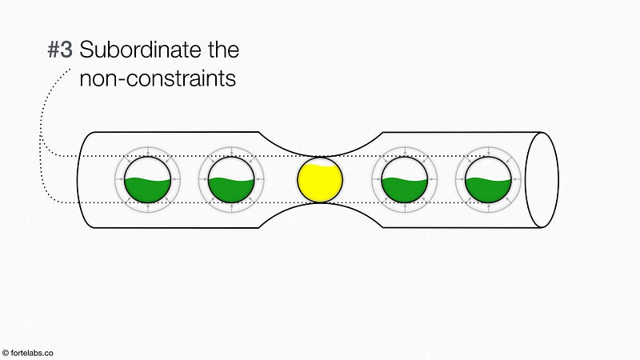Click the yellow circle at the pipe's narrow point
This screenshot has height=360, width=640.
(x=320, y=179)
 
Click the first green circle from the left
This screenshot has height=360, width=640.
(x=147, y=179)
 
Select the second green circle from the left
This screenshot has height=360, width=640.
(x=231, y=179)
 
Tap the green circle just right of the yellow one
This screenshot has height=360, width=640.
(x=405, y=179)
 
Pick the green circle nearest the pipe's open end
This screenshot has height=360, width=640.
(x=488, y=179)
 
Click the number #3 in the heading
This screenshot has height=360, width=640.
(x=60, y=50)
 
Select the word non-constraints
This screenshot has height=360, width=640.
(x=158, y=78)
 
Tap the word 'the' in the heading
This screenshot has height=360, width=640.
(x=223, y=50)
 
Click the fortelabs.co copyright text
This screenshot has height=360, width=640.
(x=28, y=353)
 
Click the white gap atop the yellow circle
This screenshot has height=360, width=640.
(x=321, y=162)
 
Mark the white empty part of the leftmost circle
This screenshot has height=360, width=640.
(x=147, y=168)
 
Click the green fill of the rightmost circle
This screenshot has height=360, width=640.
(x=488, y=191)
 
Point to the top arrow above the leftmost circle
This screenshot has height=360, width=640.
(x=148, y=151)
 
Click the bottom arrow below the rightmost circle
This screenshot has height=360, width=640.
(x=489, y=208)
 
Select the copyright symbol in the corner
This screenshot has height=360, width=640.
(x=6, y=353)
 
